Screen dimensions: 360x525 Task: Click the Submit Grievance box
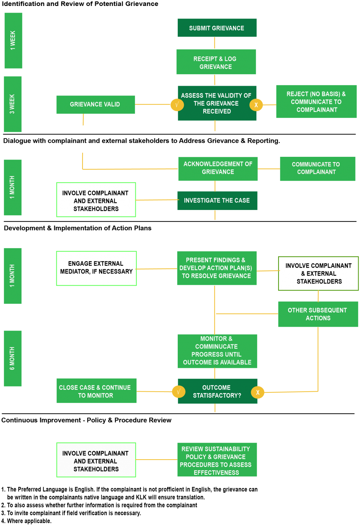tap(217, 28)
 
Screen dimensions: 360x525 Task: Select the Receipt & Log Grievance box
tap(216, 62)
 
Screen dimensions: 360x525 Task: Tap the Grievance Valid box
tap(96, 105)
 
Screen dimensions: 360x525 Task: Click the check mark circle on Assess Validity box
tap(177, 105)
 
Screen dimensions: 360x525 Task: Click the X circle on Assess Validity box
tap(256, 105)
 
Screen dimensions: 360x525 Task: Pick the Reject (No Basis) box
tap(316, 101)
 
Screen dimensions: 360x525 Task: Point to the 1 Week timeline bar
tap(13, 41)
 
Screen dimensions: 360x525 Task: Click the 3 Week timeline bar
tap(13, 104)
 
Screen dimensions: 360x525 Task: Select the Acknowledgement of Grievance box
tap(218, 169)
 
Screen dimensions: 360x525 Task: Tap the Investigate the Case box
tap(217, 201)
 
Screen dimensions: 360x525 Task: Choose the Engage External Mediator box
tap(97, 268)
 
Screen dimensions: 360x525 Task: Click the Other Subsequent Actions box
tap(318, 314)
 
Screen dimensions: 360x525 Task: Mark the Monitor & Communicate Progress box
tap(217, 351)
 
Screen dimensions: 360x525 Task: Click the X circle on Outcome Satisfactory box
tap(257, 392)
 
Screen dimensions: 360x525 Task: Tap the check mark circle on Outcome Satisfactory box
tap(179, 391)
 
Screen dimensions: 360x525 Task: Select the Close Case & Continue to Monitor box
tap(97, 391)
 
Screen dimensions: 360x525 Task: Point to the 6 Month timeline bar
tap(13, 358)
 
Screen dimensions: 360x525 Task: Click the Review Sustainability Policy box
tap(217, 459)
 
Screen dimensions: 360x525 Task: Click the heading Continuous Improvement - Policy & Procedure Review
tap(86, 420)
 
